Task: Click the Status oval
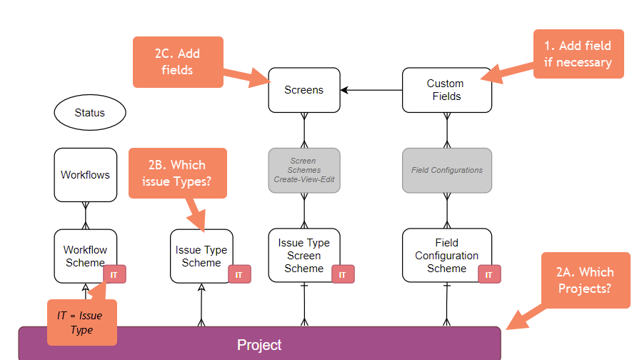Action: click(x=89, y=113)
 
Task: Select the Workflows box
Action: click(x=85, y=174)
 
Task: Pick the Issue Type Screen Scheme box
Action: click(x=304, y=255)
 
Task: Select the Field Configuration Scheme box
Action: click(x=446, y=255)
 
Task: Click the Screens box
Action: click(x=304, y=90)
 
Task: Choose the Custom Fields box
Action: click(x=446, y=90)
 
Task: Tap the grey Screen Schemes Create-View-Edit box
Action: click(x=304, y=170)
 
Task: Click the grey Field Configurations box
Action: click(x=446, y=170)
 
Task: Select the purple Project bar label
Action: click(x=259, y=345)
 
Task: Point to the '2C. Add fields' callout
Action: click(x=178, y=61)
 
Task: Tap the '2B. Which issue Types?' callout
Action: click(x=177, y=173)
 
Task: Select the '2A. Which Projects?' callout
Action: click(x=585, y=280)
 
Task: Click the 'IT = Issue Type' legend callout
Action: click(x=81, y=322)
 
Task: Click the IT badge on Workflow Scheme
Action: click(x=114, y=274)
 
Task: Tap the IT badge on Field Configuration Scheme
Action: click(x=489, y=274)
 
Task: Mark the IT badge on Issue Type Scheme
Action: click(x=239, y=274)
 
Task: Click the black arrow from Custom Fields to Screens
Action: click(x=371, y=90)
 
